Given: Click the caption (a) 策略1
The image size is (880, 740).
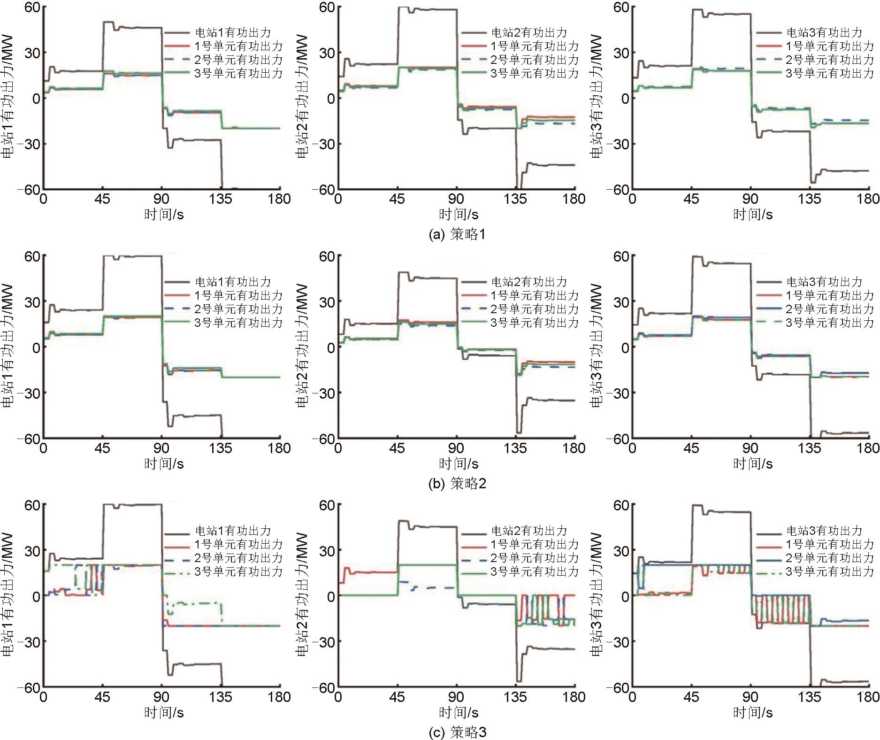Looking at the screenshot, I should pyautogui.click(x=457, y=234).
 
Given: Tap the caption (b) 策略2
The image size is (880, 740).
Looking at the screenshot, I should pyautogui.click(x=457, y=483).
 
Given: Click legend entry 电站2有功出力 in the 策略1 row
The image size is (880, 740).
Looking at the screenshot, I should pyautogui.click(x=529, y=32).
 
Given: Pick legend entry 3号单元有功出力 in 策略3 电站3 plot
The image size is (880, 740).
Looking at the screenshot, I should pyautogui.click(x=830, y=571).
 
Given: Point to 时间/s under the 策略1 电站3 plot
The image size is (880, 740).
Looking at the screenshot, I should pyautogui.click(x=753, y=215).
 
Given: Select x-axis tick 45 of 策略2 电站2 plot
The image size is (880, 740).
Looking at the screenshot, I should pyautogui.click(x=397, y=448).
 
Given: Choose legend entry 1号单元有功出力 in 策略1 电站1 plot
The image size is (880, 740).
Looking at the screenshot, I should pyautogui.click(x=238, y=46).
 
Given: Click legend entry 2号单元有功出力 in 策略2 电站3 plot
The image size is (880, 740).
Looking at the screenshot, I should pyautogui.click(x=830, y=309).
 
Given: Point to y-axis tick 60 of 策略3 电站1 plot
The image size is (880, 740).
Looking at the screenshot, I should pyautogui.click(x=32, y=505).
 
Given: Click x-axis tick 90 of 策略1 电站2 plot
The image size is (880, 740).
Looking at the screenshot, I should pyautogui.click(x=456, y=199).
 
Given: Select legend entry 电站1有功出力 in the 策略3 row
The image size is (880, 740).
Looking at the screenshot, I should pyautogui.click(x=233, y=531).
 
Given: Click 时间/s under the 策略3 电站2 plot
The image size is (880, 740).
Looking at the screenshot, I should pyautogui.click(x=458, y=712).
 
